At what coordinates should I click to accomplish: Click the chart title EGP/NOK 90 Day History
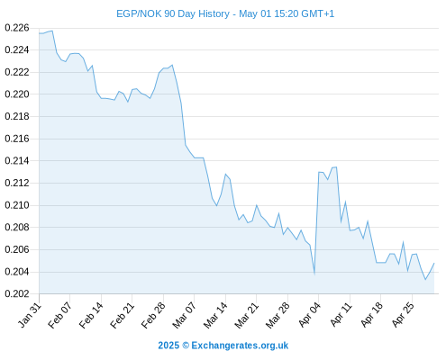173,13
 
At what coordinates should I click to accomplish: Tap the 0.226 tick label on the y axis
17,28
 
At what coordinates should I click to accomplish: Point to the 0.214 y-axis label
17,161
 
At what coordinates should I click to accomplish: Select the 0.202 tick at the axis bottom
17,293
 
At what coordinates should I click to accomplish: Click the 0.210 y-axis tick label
17,205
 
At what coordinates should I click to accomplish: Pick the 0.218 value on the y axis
17,116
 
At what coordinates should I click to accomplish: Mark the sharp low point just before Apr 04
314,274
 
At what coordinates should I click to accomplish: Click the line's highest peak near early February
52,31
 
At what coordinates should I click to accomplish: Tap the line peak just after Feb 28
172,65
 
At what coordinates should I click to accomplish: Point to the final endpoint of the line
434,263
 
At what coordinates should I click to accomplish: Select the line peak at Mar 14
225,174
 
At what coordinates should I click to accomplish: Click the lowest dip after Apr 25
425,280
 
